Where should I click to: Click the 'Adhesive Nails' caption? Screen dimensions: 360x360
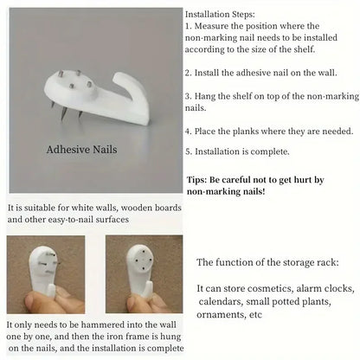(x=81, y=150)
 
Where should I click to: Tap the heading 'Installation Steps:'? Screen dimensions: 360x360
(x=220, y=14)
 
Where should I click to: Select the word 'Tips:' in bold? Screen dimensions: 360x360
(x=197, y=180)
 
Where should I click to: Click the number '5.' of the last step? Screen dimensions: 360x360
(x=189, y=151)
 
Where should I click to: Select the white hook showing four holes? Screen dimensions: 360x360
(x=140, y=270)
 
